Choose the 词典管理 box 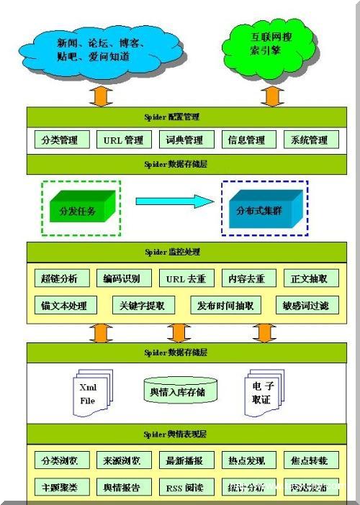pos(184,140)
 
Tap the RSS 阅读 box pos(184,487)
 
